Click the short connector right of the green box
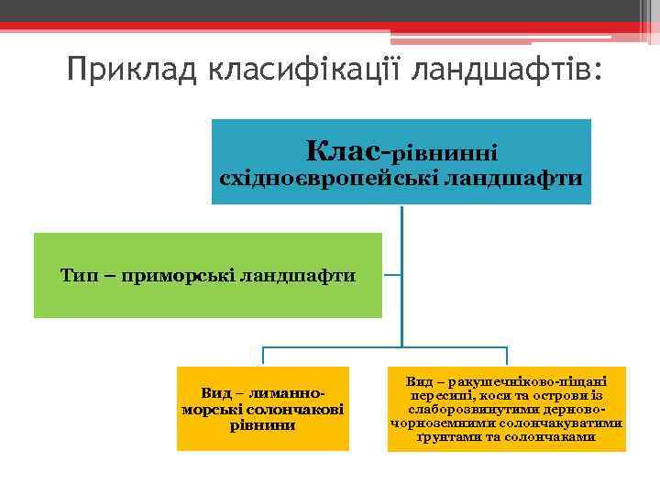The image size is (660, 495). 391,274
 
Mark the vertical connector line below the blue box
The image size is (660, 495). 401,275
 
